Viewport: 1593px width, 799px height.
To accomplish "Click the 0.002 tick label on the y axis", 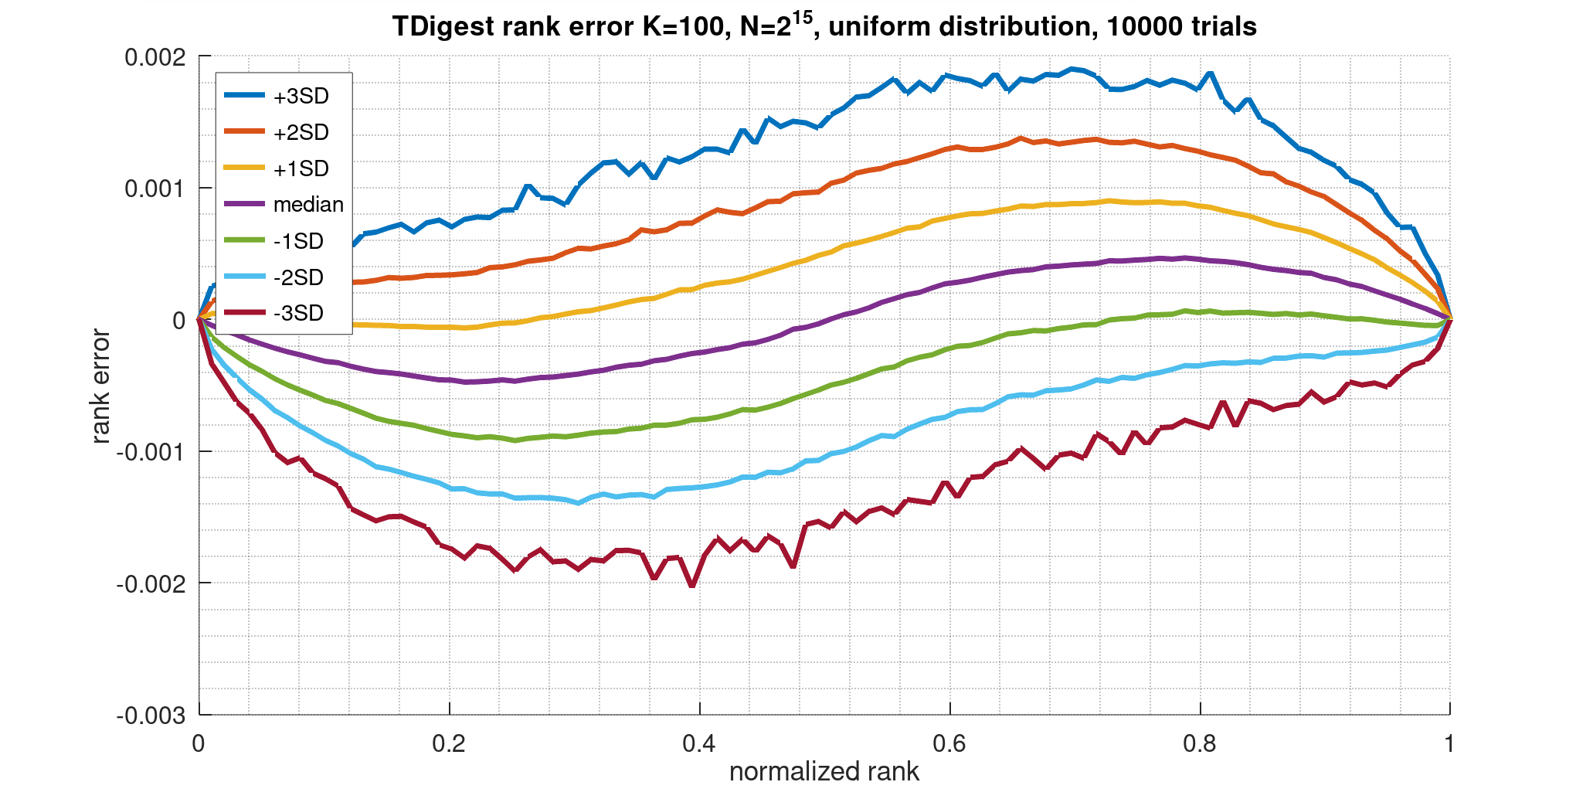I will point(158,58).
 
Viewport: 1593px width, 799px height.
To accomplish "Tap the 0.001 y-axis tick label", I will point(158,189).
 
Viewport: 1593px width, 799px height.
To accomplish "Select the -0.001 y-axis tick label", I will point(153,453).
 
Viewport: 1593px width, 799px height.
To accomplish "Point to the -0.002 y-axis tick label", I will point(153,584).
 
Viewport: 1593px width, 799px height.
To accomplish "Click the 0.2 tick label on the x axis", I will point(449,744).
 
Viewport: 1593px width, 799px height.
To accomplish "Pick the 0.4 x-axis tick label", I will point(699,744).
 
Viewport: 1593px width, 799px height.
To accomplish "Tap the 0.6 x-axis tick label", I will point(949,744).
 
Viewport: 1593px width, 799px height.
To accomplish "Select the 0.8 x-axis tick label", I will point(1200,744).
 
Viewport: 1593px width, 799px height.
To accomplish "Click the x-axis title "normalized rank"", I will point(824,772).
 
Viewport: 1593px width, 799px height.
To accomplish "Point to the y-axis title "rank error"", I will point(100,386).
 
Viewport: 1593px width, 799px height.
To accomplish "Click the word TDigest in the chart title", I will point(442,28).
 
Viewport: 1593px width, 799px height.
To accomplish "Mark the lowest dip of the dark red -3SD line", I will point(692,586).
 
